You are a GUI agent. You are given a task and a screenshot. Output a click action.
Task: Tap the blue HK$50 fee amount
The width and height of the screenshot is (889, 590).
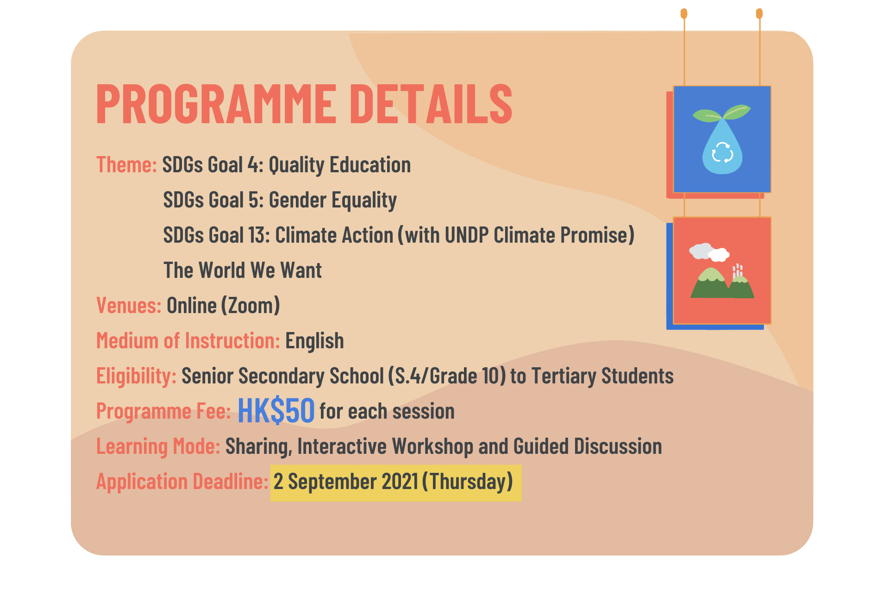[276, 411]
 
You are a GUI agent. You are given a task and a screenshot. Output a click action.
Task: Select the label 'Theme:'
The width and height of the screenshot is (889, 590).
[126, 165]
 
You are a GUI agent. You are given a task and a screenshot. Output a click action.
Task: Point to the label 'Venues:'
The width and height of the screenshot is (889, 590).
[129, 306]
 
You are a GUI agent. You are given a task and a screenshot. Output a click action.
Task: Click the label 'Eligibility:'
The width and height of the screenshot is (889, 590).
[136, 376]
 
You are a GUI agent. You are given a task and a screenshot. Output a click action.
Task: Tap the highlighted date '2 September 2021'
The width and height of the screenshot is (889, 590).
[346, 482]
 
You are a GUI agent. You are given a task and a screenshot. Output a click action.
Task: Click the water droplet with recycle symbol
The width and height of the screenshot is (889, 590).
[722, 147]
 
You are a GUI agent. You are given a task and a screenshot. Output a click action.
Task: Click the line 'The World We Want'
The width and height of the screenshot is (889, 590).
[243, 270]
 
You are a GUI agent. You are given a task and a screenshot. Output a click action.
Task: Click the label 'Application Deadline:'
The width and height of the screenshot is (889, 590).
[182, 482]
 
